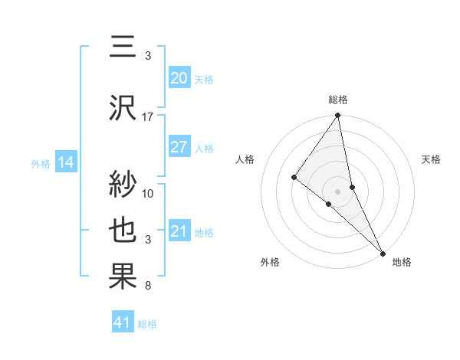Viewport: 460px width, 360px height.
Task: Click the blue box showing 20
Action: pyautogui.click(x=179, y=78)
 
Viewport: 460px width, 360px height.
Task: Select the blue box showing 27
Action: pyautogui.click(x=179, y=147)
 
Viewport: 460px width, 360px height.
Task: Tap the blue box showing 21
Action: pyautogui.click(x=179, y=231)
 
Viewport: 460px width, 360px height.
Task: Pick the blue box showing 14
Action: pyautogui.click(x=65, y=162)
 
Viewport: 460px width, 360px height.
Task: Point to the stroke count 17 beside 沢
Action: pyautogui.click(x=148, y=117)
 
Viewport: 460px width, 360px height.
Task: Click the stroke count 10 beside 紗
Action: pyautogui.click(x=148, y=193)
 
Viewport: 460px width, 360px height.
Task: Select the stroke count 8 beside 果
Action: pyautogui.click(x=146, y=286)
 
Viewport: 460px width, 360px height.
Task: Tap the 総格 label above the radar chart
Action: pyautogui.click(x=338, y=100)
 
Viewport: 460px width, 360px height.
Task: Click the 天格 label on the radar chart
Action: pyautogui.click(x=432, y=159)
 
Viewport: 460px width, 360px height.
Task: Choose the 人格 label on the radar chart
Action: pyautogui.click(x=245, y=159)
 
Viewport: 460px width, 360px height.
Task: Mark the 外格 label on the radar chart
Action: pyautogui.click(x=270, y=262)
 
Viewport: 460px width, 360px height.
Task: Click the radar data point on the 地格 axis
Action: pyautogui.click(x=383, y=252)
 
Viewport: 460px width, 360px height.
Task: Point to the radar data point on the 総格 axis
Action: pyautogui.click(x=338, y=116)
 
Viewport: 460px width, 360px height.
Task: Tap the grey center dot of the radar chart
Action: pyautogui.click(x=338, y=190)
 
